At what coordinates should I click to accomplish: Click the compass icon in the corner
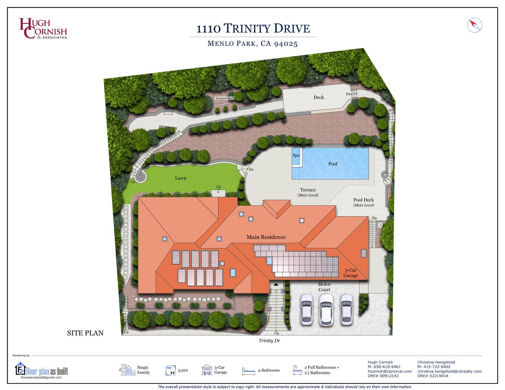point(475,25)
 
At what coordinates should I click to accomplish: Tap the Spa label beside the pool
point(296,155)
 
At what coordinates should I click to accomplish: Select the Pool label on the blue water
point(333,164)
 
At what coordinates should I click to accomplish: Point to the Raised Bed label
point(224,98)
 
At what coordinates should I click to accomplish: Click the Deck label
point(319,97)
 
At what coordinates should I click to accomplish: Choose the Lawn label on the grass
point(181,178)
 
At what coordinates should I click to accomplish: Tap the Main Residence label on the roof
point(266,237)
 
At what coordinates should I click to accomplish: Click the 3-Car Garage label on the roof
point(350,273)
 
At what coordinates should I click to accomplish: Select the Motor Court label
point(324,287)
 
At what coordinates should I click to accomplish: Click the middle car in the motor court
point(326,309)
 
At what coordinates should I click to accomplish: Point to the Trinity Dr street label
point(269,341)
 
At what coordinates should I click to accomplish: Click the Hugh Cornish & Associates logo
point(43,29)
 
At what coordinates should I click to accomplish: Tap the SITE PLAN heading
point(85,333)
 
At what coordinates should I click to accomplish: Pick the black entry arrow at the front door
point(276,285)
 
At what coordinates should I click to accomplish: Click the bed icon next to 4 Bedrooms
point(249,371)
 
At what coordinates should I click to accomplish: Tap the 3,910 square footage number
point(183,370)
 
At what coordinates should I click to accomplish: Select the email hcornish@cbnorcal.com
point(389,371)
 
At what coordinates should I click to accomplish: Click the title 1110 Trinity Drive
point(253,29)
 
